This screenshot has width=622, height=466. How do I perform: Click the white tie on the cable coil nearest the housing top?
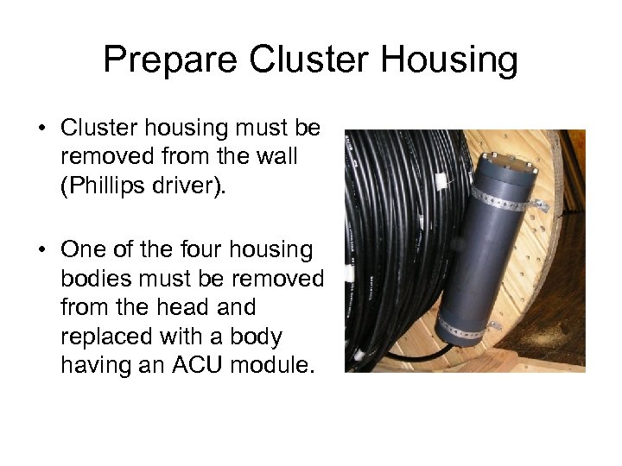click(x=443, y=181)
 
